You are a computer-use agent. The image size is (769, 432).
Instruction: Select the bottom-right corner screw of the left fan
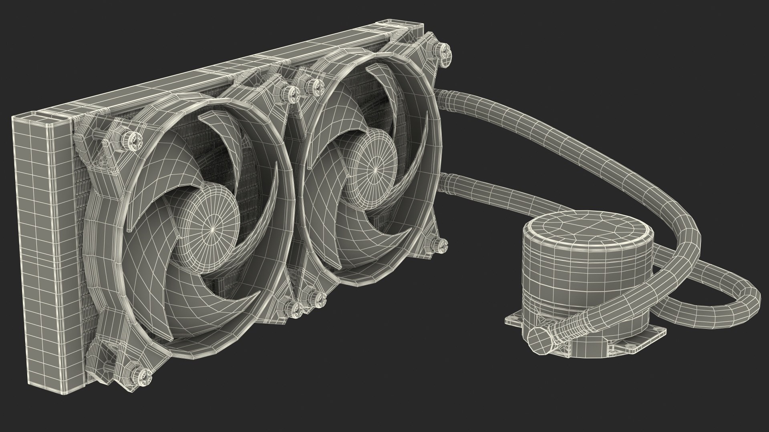pyautogui.click(x=297, y=308)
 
